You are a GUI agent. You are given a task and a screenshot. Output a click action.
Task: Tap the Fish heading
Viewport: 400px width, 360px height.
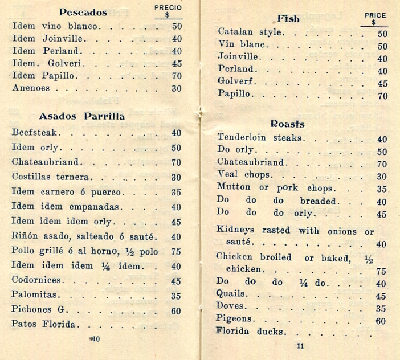pyautogui.click(x=288, y=18)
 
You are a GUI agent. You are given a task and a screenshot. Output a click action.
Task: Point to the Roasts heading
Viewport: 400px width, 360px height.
pyautogui.click(x=287, y=124)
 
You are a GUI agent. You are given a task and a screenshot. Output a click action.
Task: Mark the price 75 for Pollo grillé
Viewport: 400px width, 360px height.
pyautogui.click(x=176, y=251)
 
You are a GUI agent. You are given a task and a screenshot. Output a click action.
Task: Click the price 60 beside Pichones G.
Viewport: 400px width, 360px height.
pyautogui.click(x=176, y=310)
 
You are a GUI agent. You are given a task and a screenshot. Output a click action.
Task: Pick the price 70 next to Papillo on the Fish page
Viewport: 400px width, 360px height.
pyautogui.click(x=382, y=96)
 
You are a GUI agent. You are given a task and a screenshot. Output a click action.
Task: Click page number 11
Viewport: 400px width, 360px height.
pyautogui.click(x=300, y=346)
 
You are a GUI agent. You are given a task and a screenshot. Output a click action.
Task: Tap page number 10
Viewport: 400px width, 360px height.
pyautogui.click(x=95, y=339)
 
